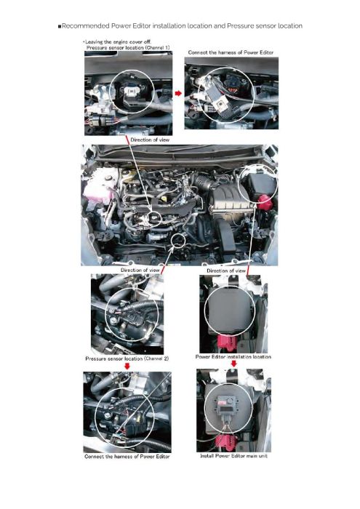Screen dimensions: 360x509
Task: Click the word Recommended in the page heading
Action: [x=85, y=26]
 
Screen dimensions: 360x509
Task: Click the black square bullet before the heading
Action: [x=60, y=26]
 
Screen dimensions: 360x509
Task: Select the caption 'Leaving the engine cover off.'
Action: [x=118, y=42]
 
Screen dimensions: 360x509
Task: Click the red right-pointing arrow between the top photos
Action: [x=178, y=94]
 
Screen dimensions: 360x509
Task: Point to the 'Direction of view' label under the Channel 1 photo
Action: [x=150, y=140]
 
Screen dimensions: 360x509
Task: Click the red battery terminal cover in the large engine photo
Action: [x=266, y=202]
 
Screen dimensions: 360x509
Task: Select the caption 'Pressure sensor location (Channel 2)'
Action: [x=127, y=358]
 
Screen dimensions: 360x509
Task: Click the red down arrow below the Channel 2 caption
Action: [x=127, y=366]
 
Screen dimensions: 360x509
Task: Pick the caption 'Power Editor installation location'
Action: [x=233, y=357]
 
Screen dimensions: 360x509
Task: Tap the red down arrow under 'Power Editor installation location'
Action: [x=233, y=364]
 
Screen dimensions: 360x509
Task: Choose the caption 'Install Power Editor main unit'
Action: [x=233, y=456]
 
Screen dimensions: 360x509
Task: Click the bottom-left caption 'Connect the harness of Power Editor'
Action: [x=127, y=457]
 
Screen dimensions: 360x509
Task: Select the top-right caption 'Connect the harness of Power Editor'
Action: [x=231, y=52]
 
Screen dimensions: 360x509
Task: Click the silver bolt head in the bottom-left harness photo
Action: [x=108, y=415]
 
